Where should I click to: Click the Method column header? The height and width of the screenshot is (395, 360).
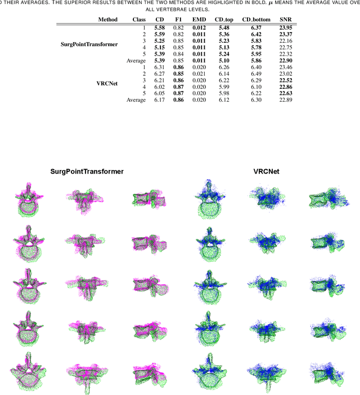(x=107, y=20)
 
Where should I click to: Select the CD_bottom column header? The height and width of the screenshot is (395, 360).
(x=256, y=20)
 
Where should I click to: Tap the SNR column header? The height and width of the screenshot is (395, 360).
(x=286, y=20)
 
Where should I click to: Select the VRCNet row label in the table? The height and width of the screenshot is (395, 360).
(x=107, y=83)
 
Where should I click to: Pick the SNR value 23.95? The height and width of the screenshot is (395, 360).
(x=286, y=28)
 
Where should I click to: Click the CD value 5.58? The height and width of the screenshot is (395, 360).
(x=159, y=28)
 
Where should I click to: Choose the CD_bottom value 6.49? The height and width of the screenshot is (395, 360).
(x=256, y=74)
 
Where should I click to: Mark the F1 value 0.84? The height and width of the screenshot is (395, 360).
(x=178, y=54)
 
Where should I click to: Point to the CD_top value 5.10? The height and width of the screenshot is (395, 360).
(x=224, y=60)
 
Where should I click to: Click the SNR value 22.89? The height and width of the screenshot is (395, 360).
(x=286, y=100)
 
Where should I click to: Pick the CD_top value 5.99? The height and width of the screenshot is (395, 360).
(x=224, y=87)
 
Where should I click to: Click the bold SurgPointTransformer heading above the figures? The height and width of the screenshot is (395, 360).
(x=87, y=171)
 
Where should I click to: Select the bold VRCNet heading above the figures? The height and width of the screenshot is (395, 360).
(x=266, y=171)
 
